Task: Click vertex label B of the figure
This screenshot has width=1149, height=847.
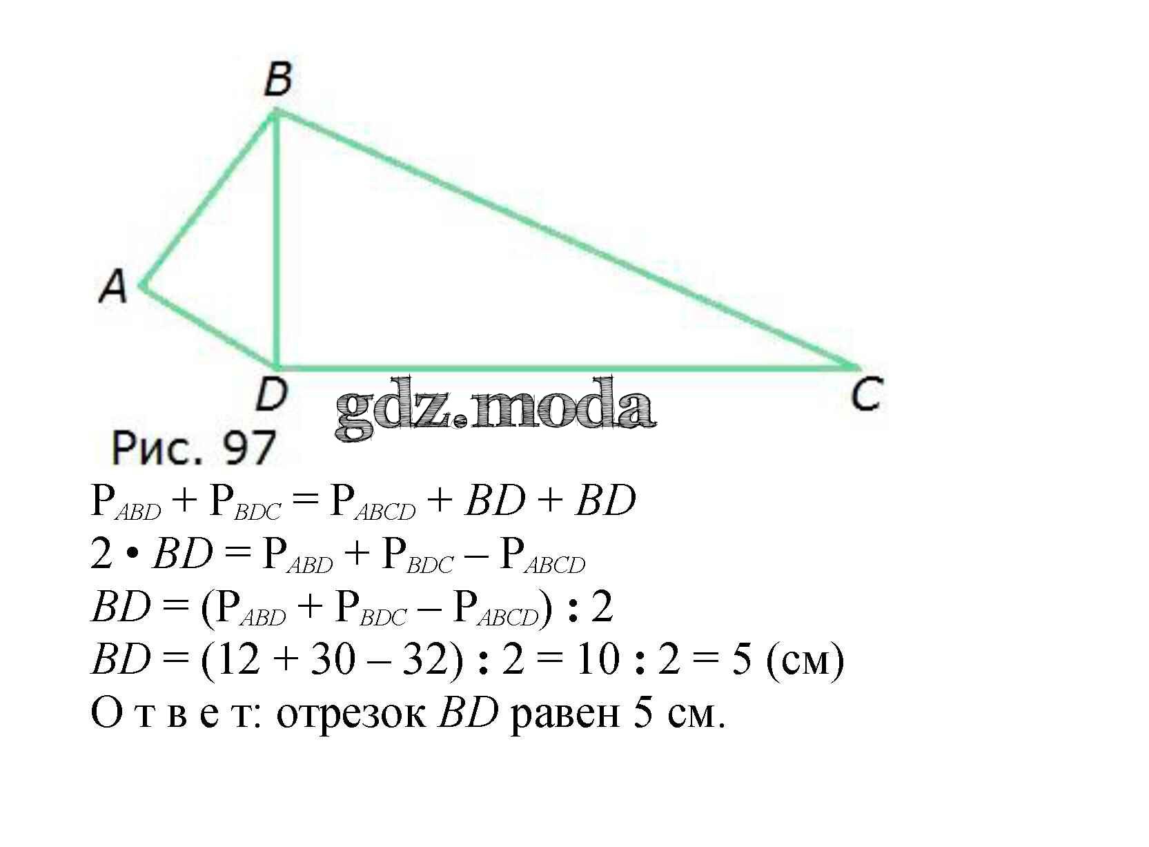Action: click(x=278, y=79)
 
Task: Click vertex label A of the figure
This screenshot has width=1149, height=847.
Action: click(x=113, y=286)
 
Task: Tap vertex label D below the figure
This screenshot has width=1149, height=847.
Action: click(x=271, y=396)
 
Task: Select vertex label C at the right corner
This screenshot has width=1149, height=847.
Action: click(x=865, y=396)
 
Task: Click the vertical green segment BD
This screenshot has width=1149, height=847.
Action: click(x=276, y=242)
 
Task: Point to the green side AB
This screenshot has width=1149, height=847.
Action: click(x=207, y=200)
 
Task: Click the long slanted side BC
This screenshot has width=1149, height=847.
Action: click(x=566, y=238)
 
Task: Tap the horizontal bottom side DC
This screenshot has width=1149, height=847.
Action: click(x=566, y=367)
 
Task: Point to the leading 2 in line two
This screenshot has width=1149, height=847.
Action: click(x=101, y=554)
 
